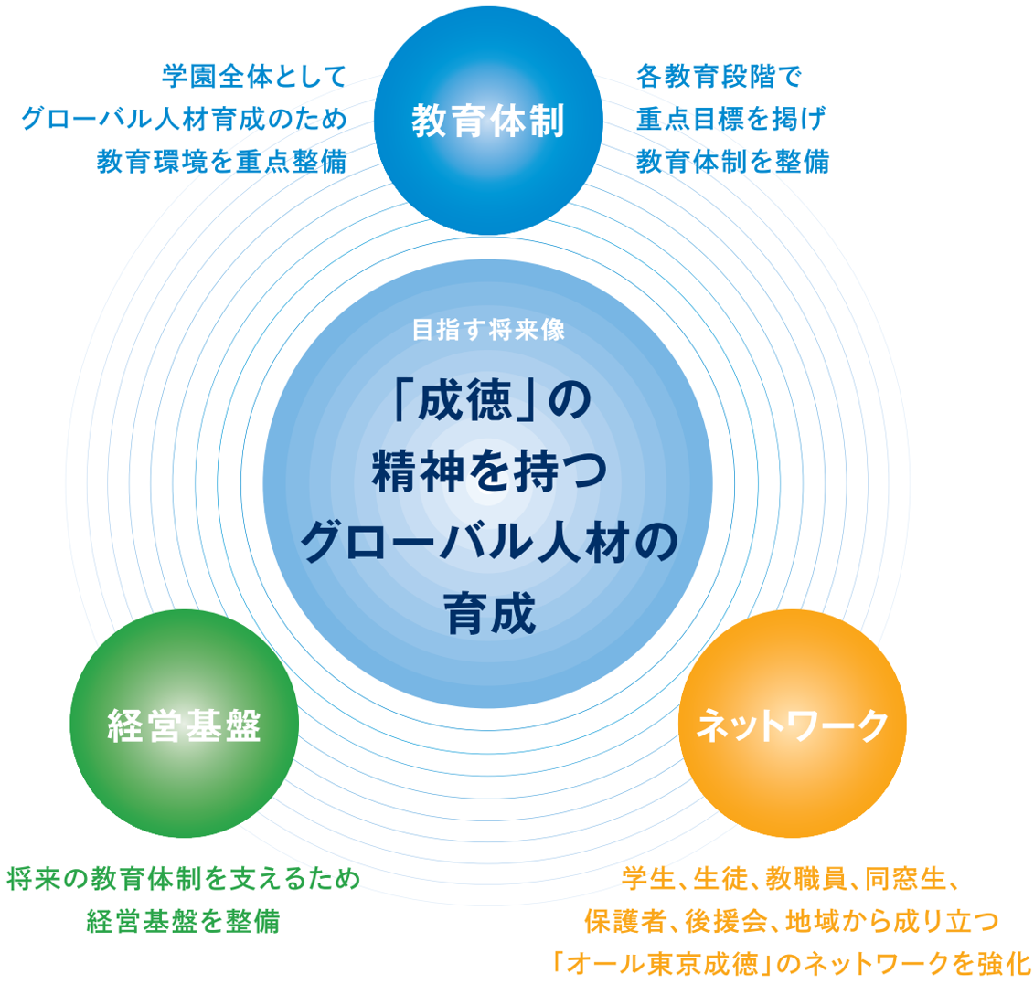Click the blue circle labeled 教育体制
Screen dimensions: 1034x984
(x=488, y=121)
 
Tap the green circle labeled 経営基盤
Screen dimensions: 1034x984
(x=184, y=724)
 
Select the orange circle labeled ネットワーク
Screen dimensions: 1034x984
(x=793, y=724)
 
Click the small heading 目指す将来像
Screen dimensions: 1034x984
(x=488, y=330)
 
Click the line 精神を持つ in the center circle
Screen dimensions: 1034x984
(x=489, y=471)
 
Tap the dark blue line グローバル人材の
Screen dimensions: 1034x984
(x=489, y=543)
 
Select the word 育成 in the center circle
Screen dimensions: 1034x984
(x=489, y=614)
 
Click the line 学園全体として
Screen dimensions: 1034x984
(x=254, y=77)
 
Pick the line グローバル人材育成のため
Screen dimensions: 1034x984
(x=185, y=119)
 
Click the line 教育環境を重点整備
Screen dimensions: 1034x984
(x=221, y=162)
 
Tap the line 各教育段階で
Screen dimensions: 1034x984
(x=719, y=77)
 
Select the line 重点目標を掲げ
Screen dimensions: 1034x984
(x=730, y=119)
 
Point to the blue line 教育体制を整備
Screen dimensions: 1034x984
(x=732, y=162)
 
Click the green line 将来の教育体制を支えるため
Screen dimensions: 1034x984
(x=184, y=879)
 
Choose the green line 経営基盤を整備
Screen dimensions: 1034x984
(x=184, y=921)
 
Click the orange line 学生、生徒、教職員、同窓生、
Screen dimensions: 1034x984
(x=790, y=879)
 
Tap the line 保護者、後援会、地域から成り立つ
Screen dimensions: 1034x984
(x=792, y=921)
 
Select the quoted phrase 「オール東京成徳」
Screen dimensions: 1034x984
(x=661, y=964)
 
